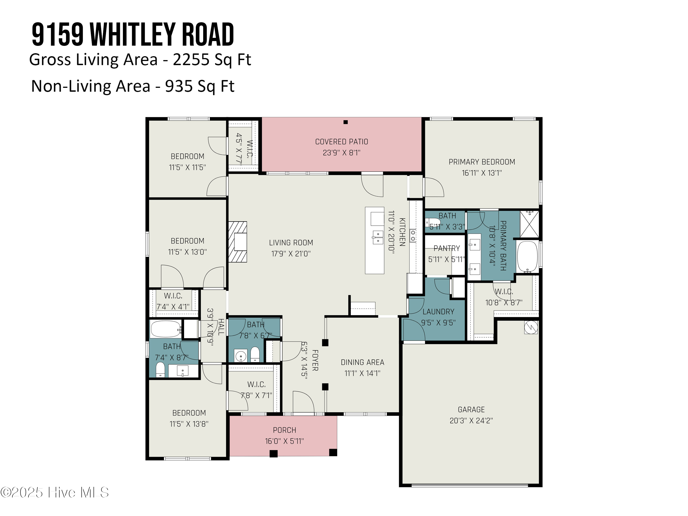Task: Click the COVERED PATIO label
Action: click(x=341, y=142)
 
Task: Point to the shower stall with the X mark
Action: click(x=529, y=224)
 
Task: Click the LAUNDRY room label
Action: click(x=438, y=312)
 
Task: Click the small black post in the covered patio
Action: click(x=345, y=122)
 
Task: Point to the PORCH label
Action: click(x=284, y=430)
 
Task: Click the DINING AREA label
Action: click(x=362, y=362)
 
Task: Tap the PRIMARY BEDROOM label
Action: click(x=481, y=162)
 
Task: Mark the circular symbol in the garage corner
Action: click(x=531, y=327)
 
